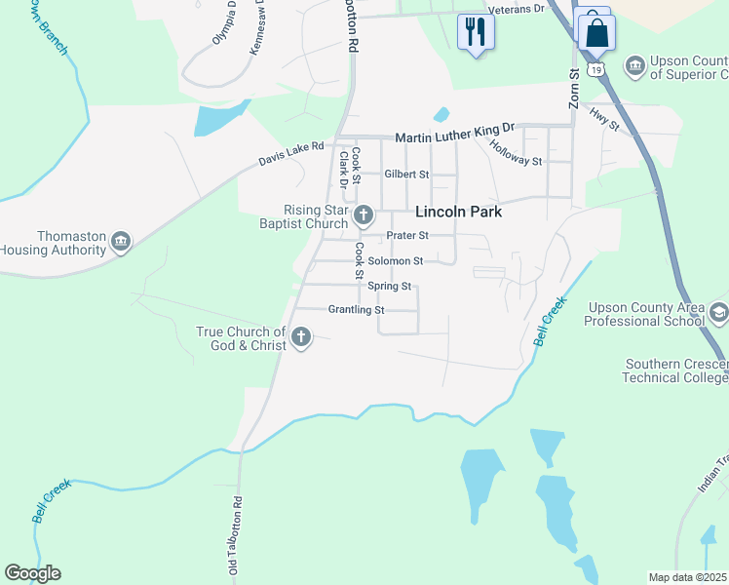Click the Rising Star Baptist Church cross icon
click(x=364, y=215)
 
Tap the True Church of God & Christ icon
click(x=301, y=338)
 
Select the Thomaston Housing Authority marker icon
click(x=121, y=242)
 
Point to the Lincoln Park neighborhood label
click(x=458, y=211)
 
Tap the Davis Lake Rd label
click(x=290, y=153)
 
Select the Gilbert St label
click(x=406, y=175)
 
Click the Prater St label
click(x=407, y=236)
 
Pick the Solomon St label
click(x=395, y=261)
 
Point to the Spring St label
click(x=390, y=287)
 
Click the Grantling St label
click(x=357, y=310)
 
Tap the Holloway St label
click(x=517, y=151)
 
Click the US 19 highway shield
click(x=597, y=67)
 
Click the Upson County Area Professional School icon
click(x=719, y=313)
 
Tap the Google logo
click(x=32, y=573)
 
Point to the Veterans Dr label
click(x=516, y=9)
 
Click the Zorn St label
click(x=574, y=87)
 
